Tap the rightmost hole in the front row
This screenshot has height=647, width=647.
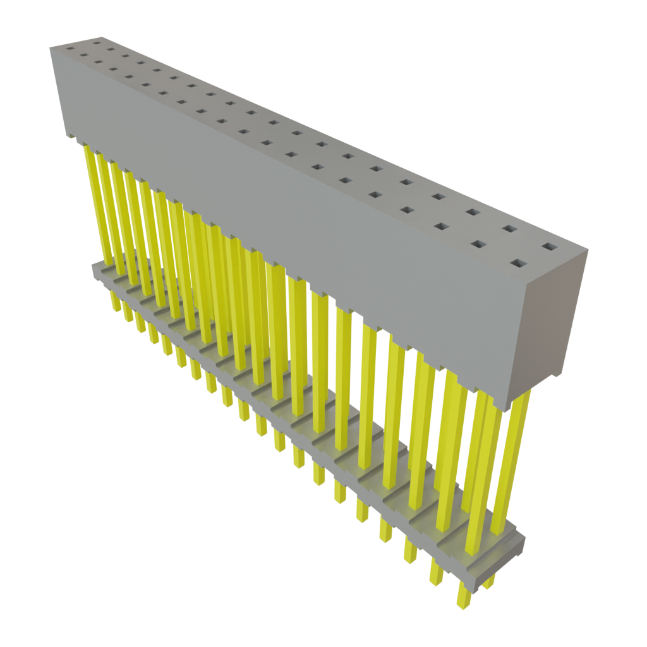518,263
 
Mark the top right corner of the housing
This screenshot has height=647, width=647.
588,251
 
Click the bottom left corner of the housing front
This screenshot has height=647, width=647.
67,135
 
